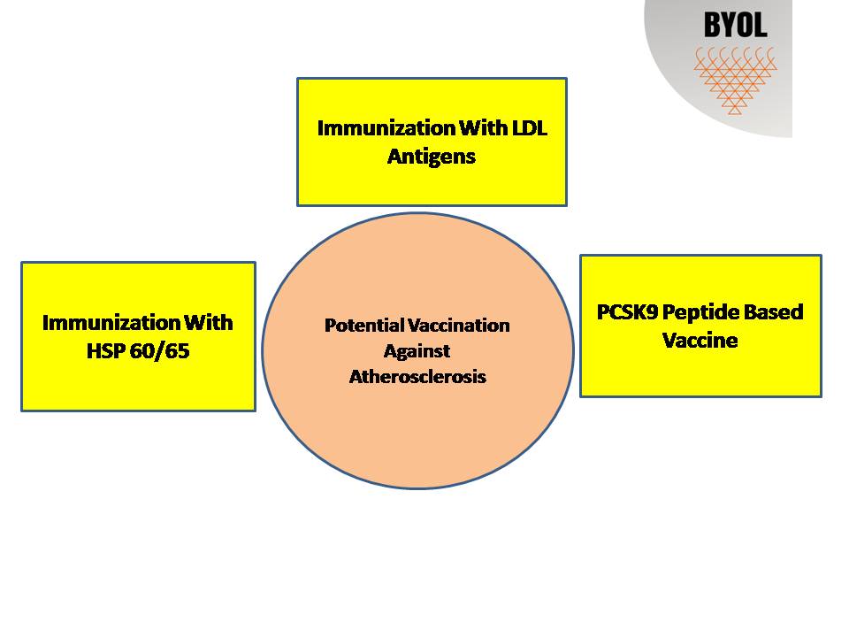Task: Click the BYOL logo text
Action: (x=735, y=26)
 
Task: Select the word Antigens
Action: (x=432, y=157)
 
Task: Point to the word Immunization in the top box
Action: (x=386, y=128)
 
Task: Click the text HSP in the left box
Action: (x=105, y=351)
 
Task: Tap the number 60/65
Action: (x=160, y=351)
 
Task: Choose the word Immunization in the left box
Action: (x=111, y=322)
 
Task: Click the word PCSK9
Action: (x=627, y=312)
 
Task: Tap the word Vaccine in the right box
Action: (x=700, y=340)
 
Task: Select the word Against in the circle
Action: (x=417, y=351)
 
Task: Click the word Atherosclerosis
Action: (x=417, y=377)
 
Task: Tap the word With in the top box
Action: (x=483, y=127)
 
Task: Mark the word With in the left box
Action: (x=209, y=322)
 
